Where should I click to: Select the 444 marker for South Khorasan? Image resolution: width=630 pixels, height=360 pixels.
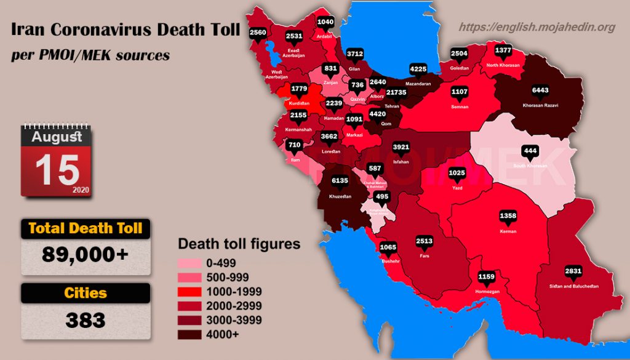[530, 151]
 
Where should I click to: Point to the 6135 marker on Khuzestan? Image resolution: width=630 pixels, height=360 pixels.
[340, 180]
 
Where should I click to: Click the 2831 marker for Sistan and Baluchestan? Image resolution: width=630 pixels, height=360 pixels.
[573, 271]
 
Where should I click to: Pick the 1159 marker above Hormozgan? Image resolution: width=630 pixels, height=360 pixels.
[487, 276]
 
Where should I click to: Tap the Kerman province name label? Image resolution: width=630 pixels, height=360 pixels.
[508, 231]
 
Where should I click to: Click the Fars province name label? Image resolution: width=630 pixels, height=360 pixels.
[424, 255]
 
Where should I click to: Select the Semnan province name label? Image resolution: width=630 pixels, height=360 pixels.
[460, 107]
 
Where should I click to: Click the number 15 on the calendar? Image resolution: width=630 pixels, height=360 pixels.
[57, 170]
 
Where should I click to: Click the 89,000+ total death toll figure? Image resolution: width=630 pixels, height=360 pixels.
[86, 254]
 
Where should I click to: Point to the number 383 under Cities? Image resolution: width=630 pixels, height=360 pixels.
[86, 320]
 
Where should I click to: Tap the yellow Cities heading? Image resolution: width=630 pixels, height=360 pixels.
[86, 294]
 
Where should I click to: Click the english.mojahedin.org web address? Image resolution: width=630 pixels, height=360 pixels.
[537, 27]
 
